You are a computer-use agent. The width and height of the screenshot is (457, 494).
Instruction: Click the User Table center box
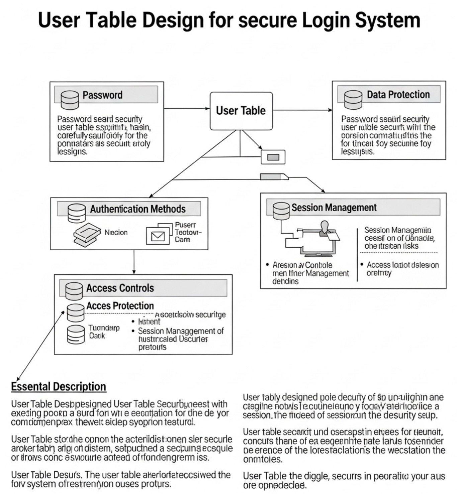241,111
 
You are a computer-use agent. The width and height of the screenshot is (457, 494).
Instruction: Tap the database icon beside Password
70,99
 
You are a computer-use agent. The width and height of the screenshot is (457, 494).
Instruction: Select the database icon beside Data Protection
353,99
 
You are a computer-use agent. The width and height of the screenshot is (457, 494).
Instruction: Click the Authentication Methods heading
138,209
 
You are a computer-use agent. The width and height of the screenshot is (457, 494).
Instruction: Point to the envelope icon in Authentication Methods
158,236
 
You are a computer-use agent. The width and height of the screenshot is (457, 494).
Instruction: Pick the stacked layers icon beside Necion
87,235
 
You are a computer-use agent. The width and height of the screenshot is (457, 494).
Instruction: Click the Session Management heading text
334,208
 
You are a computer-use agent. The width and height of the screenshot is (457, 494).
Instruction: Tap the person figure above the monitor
324,228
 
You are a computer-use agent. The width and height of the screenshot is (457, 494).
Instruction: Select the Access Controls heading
120,288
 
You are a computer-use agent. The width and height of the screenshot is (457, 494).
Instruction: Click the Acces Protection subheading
120,306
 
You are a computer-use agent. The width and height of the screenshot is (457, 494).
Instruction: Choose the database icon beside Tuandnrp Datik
76,335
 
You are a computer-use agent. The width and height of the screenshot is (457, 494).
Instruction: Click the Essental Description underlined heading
59,387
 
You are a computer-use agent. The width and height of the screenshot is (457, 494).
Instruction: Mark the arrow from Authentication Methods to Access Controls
134,262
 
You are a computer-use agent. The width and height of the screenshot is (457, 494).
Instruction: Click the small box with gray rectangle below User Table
273,157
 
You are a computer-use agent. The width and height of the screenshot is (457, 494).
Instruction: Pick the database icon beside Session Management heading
281,211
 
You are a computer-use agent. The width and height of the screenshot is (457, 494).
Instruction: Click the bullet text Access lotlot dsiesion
402,265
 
